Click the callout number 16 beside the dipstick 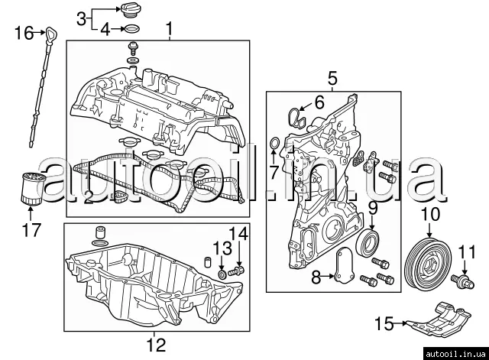(24, 33)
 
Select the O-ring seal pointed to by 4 (131, 29)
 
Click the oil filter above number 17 (32, 189)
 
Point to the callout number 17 (32, 230)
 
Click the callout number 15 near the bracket (384, 323)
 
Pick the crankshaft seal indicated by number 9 (368, 243)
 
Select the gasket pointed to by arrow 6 (296, 118)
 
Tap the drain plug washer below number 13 (222, 275)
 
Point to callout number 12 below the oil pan (156, 345)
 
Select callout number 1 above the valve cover (170, 29)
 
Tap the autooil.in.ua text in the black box (455, 354)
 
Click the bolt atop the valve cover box (133, 47)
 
